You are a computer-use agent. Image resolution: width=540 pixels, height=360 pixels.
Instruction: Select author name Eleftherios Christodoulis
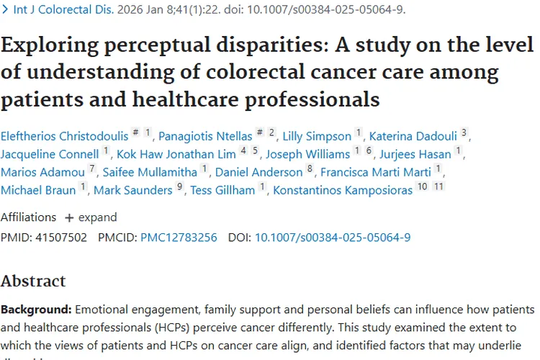[63, 135]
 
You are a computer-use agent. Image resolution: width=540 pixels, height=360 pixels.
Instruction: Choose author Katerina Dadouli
[413, 135]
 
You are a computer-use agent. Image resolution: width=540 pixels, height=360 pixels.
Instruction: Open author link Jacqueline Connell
[50, 153]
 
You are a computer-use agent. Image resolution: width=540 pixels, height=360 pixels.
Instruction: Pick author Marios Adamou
[42, 171]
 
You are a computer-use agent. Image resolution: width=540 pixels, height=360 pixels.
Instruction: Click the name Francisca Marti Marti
[376, 171]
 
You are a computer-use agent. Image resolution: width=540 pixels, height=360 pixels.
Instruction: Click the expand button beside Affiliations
[91, 217]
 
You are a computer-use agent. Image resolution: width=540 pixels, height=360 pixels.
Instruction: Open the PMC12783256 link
[179, 237]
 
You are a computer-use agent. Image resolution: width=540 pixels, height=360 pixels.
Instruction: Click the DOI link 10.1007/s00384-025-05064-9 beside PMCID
[333, 237]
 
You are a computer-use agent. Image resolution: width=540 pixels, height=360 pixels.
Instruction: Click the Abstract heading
[33, 280]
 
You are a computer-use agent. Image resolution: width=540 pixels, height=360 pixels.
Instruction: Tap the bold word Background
[36, 310]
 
